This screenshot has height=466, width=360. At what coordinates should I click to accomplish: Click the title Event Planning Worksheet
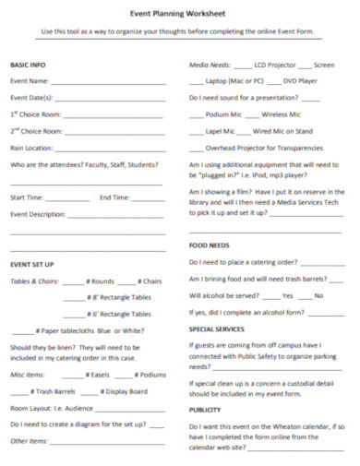pos(179,14)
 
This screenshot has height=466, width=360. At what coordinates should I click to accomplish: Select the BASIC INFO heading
pos(28,66)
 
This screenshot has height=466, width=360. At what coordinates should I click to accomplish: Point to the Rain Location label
pos(31,148)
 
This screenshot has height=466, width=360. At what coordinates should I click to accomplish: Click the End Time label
pos(114,197)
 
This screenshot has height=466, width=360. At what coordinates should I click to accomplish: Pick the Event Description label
pos(38,214)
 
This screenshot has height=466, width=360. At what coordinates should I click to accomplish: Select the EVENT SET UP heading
pos(32,264)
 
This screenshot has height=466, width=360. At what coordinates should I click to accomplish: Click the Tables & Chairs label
pos(34,281)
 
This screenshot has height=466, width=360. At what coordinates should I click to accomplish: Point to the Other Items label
pos(28,441)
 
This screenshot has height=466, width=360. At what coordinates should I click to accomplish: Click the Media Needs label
pos(210,66)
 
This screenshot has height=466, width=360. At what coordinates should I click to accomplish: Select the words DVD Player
pos(300,82)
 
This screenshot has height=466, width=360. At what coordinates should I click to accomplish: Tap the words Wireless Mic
pos(282,114)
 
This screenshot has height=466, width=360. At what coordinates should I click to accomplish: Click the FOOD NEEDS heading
pos(209,246)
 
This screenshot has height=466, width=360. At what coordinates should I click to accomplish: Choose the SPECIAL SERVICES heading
pos(217,329)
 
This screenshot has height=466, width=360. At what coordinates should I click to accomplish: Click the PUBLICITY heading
pos(205,410)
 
